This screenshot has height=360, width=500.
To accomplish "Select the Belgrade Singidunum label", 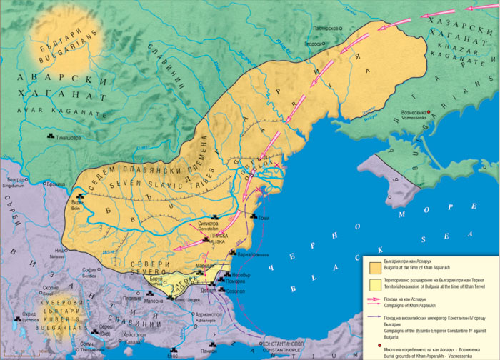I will click(x=15, y=183).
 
